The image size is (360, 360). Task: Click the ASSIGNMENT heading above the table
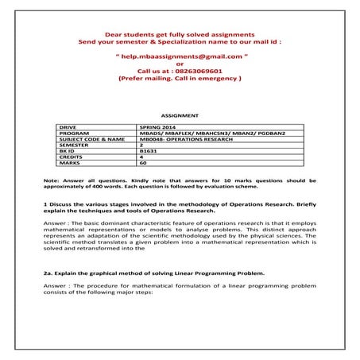pos(180,115)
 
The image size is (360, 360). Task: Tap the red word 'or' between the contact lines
pos(180,64)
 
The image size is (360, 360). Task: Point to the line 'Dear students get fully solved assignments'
pos(180,36)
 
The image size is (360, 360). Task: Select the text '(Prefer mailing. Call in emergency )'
pos(180,79)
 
